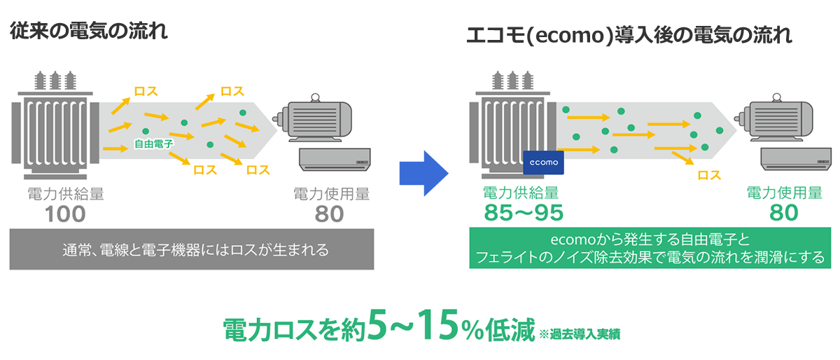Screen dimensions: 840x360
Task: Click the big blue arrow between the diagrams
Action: click(423, 174)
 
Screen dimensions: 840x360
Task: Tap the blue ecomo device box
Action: click(543, 162)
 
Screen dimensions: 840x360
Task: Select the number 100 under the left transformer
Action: click(65, 214)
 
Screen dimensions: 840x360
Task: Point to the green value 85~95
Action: click(524, 212)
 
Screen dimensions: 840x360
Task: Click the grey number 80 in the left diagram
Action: click(329, 214)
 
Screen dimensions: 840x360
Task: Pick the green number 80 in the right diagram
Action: click(784, 212)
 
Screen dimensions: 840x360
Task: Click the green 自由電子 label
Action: click(154, 144)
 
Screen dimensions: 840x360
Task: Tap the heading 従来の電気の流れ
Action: click(88, 31)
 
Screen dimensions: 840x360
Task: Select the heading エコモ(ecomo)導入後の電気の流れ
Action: click(629, 35)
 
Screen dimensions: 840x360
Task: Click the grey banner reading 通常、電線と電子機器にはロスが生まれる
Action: click(192, 249)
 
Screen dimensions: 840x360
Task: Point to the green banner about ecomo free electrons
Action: click(650, 248)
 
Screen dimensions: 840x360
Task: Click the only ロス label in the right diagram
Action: click(709, 175)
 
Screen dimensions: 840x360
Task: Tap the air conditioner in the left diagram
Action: click(335, 160)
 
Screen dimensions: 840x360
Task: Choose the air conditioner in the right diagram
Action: click(796, 159)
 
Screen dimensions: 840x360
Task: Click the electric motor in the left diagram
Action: click(314, 118)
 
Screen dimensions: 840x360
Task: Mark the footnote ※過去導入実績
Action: click(580, 333)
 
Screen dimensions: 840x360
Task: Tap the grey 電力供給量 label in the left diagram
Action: click(66, 194)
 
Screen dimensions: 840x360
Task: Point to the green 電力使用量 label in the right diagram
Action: click(784, 193)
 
